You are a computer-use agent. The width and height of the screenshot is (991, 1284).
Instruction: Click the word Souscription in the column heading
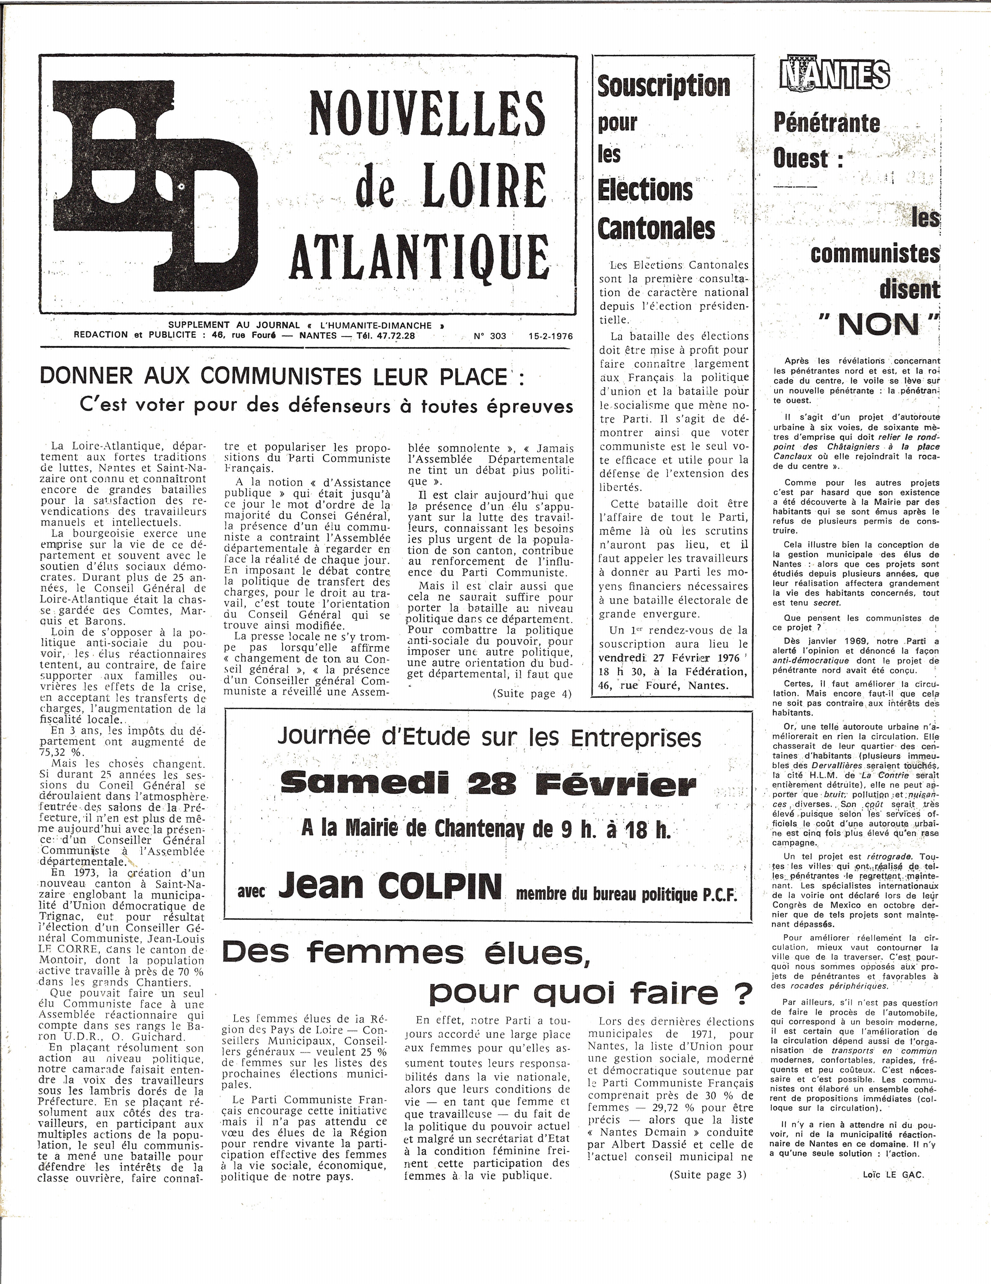pyautogui.click(x=663, y=86)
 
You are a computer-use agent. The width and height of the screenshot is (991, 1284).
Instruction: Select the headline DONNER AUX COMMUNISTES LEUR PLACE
pyautogui.click(x=274, y=377)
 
